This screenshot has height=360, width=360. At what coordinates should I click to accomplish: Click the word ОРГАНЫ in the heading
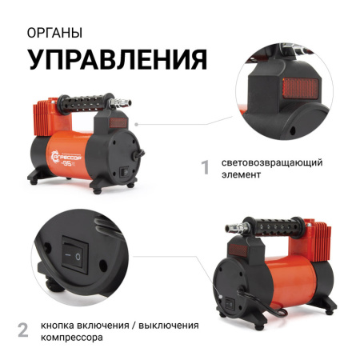coord(54,33)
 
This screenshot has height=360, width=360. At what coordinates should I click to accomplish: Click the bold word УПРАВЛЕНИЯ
coord(117,59)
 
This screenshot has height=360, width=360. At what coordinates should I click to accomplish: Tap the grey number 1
coord(206,167)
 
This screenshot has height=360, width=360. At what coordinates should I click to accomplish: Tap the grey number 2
coord(23,330)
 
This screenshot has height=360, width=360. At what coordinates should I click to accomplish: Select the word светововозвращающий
coord(272,162)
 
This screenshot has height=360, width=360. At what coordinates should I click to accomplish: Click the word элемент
coord(241,174)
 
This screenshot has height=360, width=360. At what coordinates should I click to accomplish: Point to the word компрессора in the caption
coord(72,338)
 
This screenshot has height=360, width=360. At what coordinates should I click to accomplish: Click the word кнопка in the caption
coord(57,326)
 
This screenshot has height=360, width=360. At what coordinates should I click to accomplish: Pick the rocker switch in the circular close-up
coord(75,255)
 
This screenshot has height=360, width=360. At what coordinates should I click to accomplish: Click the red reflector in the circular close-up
coord(301,89)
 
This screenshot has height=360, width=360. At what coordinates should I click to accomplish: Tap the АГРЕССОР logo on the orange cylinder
coord(66,158)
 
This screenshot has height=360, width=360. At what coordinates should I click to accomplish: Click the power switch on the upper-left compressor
coord(124,172)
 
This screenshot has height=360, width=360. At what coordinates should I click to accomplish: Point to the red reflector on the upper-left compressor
coord(118,123)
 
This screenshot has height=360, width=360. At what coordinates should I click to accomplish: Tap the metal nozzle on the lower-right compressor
coord(238,228)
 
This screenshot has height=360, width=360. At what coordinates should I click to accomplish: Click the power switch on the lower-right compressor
coord(230,303)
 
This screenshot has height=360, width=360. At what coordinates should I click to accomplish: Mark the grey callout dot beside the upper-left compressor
coord(136,124)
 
